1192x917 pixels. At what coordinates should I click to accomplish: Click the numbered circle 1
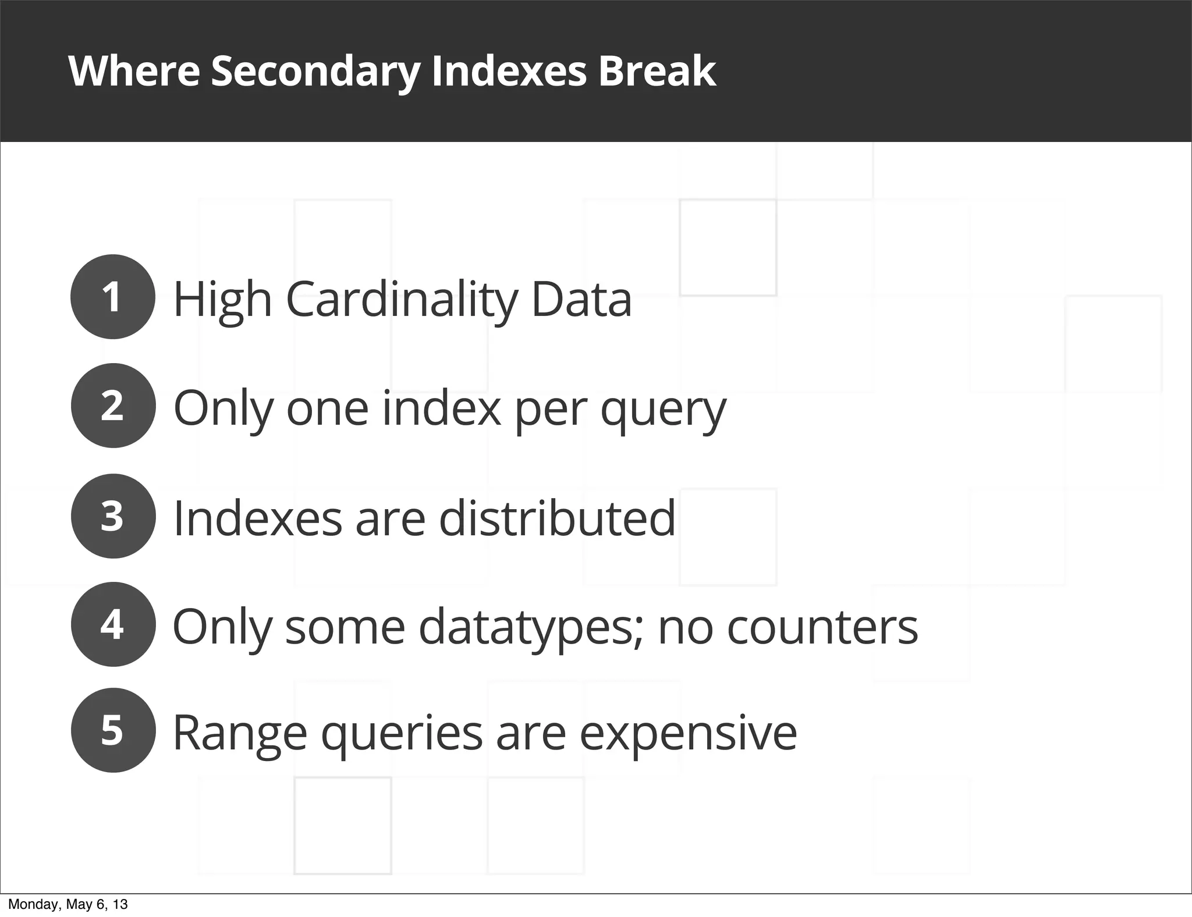coord(113,297)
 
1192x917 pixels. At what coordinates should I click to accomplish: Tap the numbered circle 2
coord(113,406)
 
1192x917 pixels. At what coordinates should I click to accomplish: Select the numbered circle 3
coord(113,516)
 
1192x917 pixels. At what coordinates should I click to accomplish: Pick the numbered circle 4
coord(113,624)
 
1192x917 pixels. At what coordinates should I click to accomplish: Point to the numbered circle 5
coord(113,730)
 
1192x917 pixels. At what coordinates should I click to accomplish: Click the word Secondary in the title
coord(315,72)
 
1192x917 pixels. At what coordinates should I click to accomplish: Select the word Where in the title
coord(134,72)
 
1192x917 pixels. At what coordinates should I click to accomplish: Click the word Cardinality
coord(402,300)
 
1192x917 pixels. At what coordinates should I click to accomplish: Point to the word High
coord(223,300)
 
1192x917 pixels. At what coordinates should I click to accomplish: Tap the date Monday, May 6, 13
coord(68,905)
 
